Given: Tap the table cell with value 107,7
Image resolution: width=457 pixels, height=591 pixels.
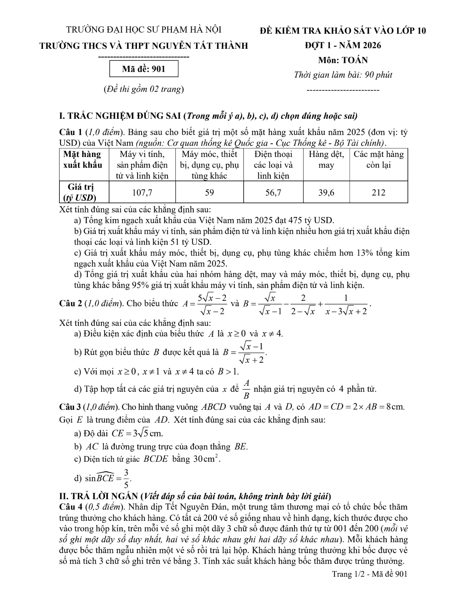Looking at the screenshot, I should (142, 192).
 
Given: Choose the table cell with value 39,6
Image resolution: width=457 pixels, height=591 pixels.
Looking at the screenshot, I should (326, 192).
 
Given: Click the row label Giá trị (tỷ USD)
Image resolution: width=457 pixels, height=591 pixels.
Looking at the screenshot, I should (81, 192).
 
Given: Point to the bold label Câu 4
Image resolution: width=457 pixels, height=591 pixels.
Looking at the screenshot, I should (70, 507).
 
